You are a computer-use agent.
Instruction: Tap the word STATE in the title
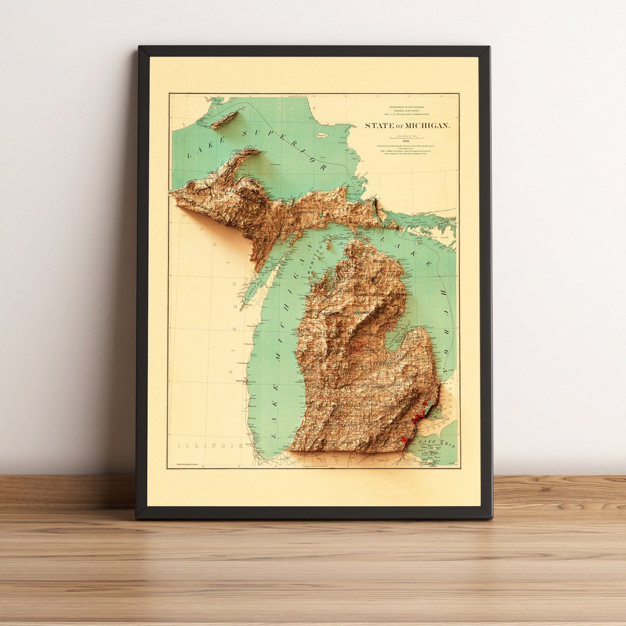pyautogui.click(x=378, y=126)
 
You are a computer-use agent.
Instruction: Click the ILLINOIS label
pyautogui.click(x=210, y=446)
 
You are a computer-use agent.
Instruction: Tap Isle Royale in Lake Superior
pyautogui.click(x=224, y=120)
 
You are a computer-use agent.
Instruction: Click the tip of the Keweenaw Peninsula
pyautogui.click(x=255, y=151)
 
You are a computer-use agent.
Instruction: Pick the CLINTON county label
pyautogui.click(x=363, y=385)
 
